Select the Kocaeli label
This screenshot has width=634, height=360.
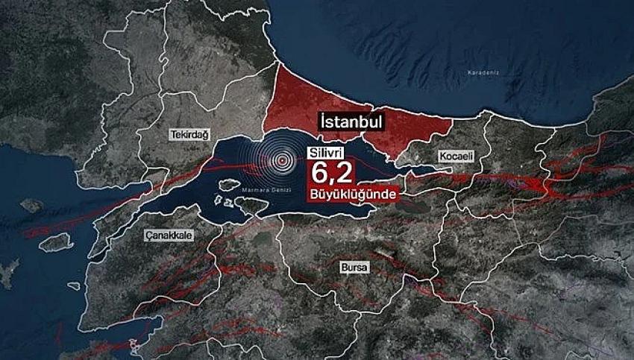(x=451, y=157)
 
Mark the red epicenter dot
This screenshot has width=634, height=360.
(x=282, y=159)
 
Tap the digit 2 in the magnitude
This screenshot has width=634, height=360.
(x=345, y=174)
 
